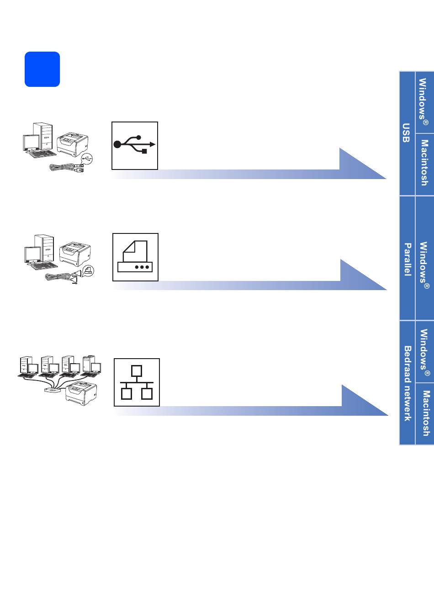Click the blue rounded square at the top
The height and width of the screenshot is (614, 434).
click(x=42, y=69)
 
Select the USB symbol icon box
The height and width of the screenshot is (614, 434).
click(x=135, y=145)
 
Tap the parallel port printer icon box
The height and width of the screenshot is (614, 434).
click(x=135, y=257)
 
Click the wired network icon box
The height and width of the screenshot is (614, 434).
click(x=137, y=382)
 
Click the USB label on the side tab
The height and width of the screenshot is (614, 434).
click(x=406, y=133)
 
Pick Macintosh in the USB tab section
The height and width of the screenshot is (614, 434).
click(x=424, y=163)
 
